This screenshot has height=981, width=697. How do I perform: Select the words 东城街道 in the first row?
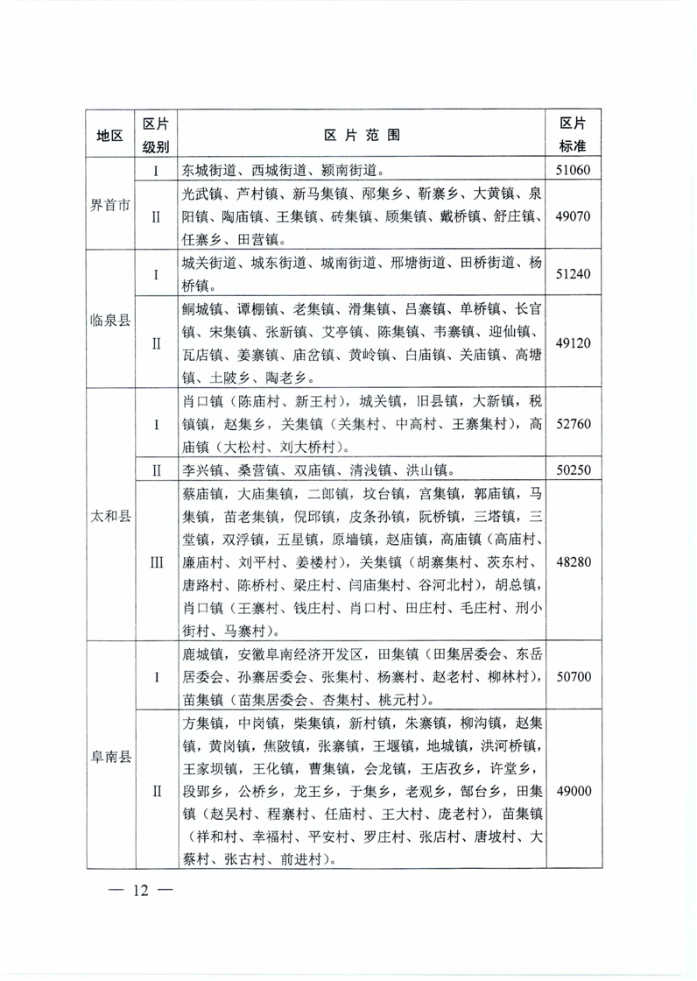pos(209,170)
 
